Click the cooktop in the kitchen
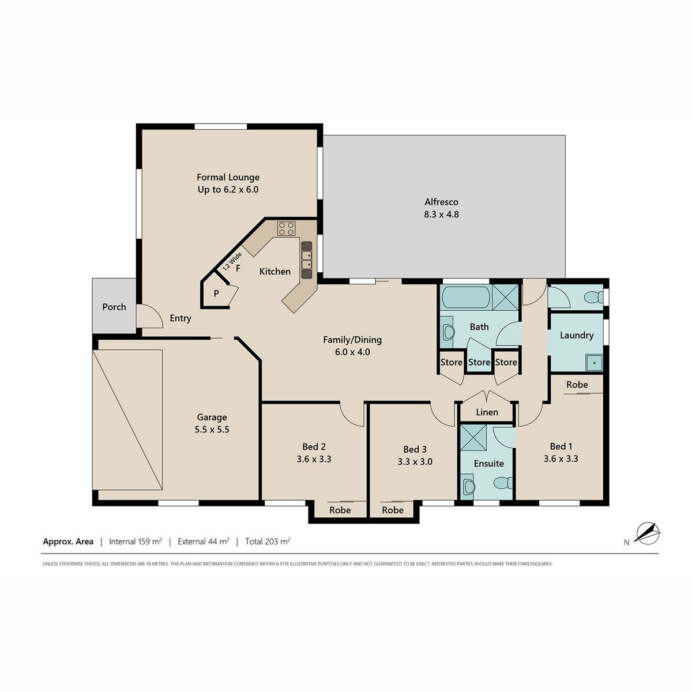coord(286,228)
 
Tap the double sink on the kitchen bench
coord(306,259)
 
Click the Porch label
coord(114,307)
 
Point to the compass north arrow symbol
coord(647,533)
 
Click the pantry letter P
coord(216,294)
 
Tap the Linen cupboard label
coord(487,412)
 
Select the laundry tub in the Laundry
coord(595,363)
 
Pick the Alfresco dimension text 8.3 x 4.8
coord(441,215)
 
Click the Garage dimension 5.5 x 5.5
coord(212,430)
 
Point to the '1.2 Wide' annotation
coord(232,261)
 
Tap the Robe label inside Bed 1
coord(577,385)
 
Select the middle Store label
coord(479,362)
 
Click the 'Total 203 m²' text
coord(268,541)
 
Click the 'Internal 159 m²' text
coord(136,541)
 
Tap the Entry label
coord(180,318)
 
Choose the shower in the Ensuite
coord(473,437)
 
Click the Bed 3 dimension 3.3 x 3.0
coord(415,461)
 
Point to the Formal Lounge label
coord(228,177)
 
